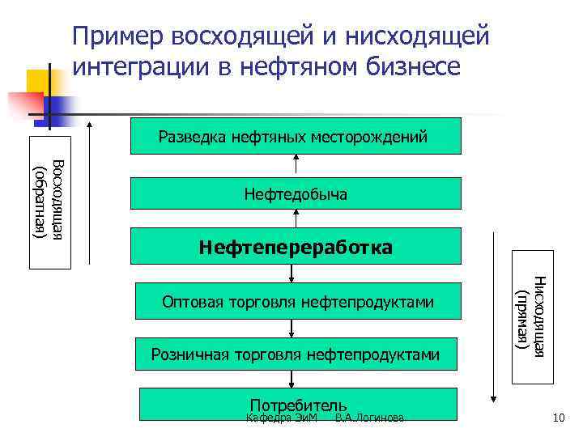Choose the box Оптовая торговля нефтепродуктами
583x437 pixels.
(297, 303)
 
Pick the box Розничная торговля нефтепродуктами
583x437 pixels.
(296, 354)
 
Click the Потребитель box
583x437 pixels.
(297, 405)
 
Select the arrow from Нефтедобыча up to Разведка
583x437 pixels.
(297, 165)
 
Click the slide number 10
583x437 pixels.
(558, 418)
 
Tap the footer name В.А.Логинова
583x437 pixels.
(369, 418)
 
